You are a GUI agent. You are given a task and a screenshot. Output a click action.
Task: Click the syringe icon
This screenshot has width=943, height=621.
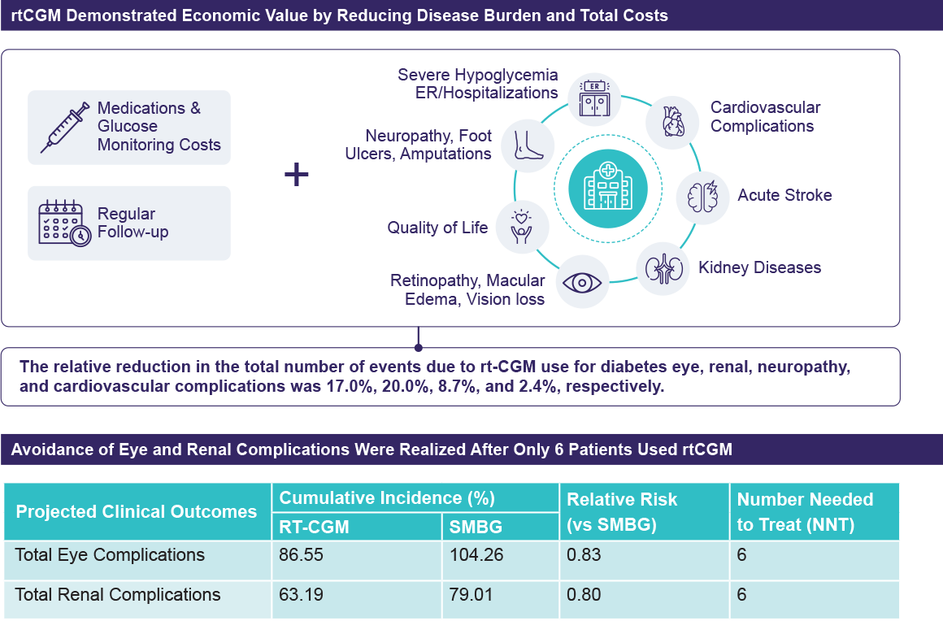pyautogui.click(x=66, y=128)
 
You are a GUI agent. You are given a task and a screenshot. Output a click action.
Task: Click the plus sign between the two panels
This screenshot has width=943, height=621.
pyautogui.click(x=297, y=174)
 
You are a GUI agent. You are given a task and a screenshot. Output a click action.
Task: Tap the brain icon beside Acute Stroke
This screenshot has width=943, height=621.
pyautogui.click(x=703, y=198)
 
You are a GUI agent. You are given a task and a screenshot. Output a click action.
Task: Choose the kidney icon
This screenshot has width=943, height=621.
pyautogui.click(x=660, y=269)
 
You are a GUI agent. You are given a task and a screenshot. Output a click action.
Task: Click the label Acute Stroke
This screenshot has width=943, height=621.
pyautogui.click(x=784, y=195)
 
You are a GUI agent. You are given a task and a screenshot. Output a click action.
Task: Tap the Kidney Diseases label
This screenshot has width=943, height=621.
pyautogui.click(x=759, y=267)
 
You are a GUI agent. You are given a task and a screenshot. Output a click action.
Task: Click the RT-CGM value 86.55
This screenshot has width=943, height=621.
pyautogui.click(x=302, y=556)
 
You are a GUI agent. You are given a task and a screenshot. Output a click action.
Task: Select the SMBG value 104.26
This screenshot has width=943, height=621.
pyautogui.click(x=476, y=556)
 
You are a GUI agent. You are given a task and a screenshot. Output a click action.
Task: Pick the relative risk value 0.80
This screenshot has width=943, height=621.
pyautogui.click(x=584, y=595)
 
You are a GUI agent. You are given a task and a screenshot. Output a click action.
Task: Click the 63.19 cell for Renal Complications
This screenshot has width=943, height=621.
pyautogui.click(x=302, y=595)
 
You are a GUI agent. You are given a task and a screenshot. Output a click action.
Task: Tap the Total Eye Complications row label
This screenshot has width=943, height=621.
pyautogui.click(x=110, y=556)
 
